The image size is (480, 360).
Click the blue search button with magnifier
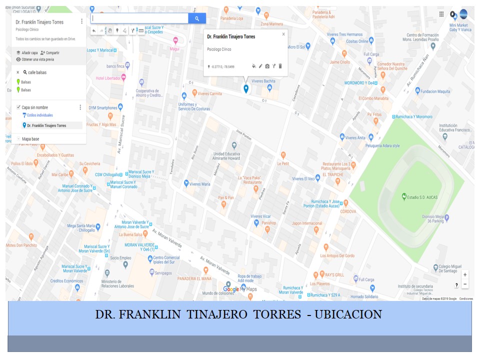click(x=197, y=18)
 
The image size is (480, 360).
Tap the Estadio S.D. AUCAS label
click(x=422, y=197)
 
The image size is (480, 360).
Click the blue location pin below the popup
click(x=245, y=88)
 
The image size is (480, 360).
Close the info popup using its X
click(x=283, y=34)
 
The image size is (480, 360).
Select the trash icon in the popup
click(x=280, y=66)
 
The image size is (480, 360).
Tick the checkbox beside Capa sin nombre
click(x=18, y=107)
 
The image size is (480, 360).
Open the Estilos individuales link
click(x=39, y=115)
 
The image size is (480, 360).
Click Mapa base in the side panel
click(x=30, y=138)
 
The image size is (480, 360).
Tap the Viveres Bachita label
click(x=263, y=81)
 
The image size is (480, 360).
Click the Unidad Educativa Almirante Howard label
click(x=226, y=156)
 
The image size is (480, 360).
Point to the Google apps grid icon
click(x=441, y=14)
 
